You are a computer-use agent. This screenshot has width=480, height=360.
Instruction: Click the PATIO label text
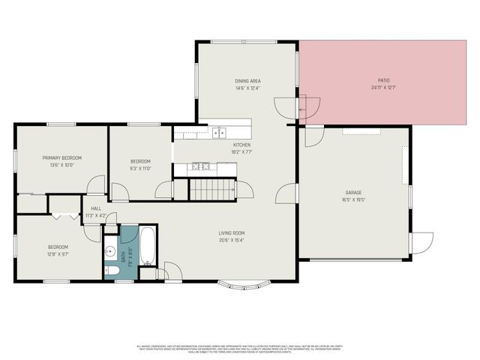pyautogui.click(x=383, y=80)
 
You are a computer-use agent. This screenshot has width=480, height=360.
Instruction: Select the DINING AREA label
pyautogui.click(x=247, y=81)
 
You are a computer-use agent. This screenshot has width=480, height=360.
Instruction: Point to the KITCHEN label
pyautogui.click(x=241, y=145)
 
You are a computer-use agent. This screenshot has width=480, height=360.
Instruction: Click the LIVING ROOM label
pyautogui.click(x=232, y=233)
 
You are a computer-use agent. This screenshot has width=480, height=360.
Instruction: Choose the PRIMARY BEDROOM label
pyautogui.click(x=62, y=157)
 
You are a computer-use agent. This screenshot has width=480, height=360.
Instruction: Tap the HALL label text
pyautogui.click(x=96, y=208)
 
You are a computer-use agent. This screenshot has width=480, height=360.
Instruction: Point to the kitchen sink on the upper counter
pyautogui.click(x=218, y=133)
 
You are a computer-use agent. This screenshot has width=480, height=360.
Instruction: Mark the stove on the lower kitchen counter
pyautogui.click(x=199, y=166)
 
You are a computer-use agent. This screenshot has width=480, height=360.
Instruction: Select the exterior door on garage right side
pyautogui.click(x=421, y=244)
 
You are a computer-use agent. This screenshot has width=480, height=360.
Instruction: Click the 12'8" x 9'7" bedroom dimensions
pyautogui.click(x=58, y=254)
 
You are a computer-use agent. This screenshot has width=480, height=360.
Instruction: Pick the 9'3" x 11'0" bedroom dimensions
pyautogui.click(x=141, y=169)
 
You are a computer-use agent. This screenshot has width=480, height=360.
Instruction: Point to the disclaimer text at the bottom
pyautogui.click(x=239, y=349)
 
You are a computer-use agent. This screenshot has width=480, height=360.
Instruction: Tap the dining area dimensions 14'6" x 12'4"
pyautogui.click(x=247, y=88)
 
